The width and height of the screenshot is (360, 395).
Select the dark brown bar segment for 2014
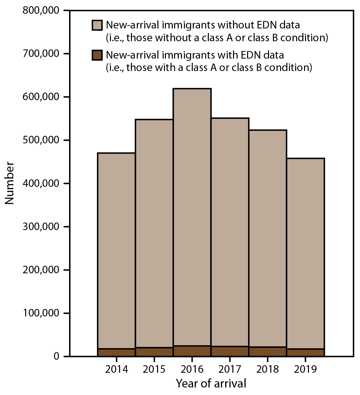117,352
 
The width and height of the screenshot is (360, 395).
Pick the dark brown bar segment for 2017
230,351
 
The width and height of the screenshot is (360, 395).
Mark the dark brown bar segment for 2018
268,351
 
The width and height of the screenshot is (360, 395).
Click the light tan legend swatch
97,25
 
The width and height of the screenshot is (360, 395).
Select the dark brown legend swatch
97,55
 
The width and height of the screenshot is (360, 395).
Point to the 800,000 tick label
41,10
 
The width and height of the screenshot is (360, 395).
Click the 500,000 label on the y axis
41,140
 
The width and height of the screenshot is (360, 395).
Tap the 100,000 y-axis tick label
41,313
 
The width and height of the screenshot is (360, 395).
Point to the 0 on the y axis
56,356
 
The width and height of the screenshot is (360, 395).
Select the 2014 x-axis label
117,369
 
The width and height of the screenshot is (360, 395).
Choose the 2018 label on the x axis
268,369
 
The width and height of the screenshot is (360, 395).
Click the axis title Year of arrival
211,383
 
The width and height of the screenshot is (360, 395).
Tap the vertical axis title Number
10,183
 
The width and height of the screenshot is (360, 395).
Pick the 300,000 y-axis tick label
41,226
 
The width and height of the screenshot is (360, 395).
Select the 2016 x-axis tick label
192,369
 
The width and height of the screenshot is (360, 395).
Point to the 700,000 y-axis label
41,54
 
